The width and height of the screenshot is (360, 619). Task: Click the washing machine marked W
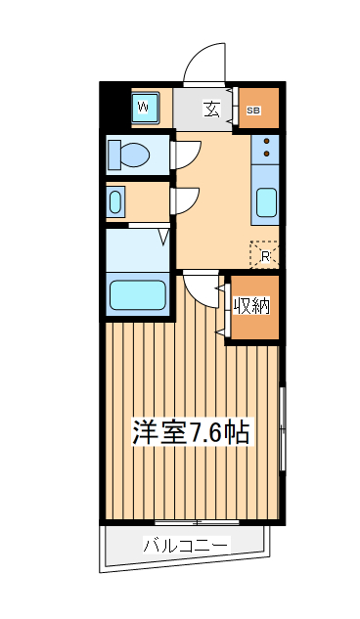tap(143, 106)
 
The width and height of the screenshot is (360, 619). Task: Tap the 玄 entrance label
tap(211, 109)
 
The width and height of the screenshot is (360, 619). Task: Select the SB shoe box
tap(253, 111)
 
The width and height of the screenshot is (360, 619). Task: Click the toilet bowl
tap(127, 155)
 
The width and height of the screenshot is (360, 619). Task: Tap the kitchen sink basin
tap(265, 203)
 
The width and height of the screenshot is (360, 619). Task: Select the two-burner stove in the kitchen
tap(265, 149)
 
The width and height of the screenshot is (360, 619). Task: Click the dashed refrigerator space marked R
tap(265, 255)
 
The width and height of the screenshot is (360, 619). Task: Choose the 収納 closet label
tap(252, 306)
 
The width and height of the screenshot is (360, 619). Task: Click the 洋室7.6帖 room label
tap(191, 432)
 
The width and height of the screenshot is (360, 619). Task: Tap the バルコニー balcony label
tap(186, 546)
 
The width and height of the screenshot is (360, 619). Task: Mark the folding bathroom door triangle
tap(163, 234)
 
